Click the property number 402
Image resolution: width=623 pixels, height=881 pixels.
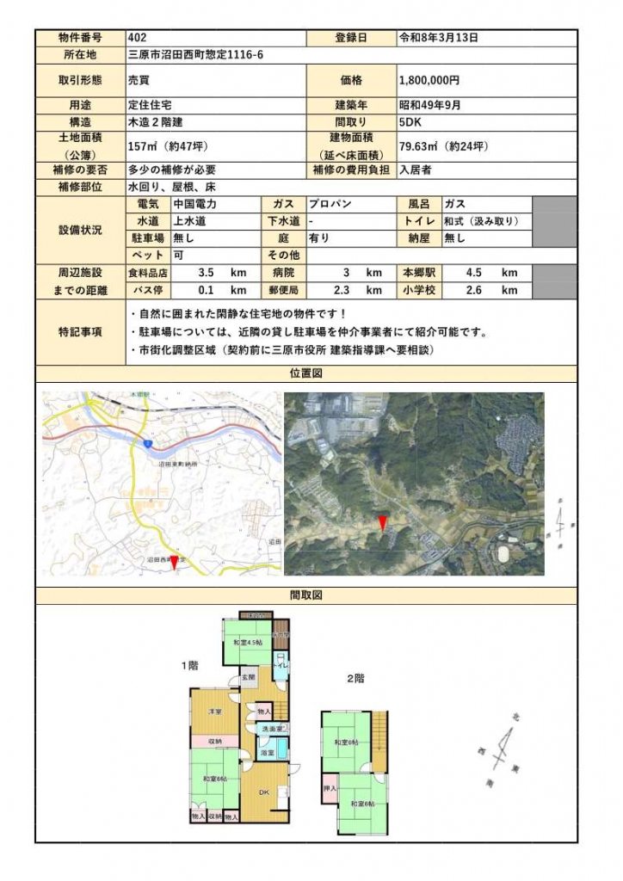click(137, 38)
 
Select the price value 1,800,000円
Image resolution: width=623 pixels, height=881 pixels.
click(429, 80)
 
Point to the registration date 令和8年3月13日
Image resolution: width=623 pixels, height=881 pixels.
click(438, 38)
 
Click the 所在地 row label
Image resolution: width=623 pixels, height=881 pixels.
click(80, 54)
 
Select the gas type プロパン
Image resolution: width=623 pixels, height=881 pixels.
click(327, 205)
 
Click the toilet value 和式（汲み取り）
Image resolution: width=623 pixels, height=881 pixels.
click(481, 221)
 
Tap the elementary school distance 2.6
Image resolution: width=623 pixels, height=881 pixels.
click(473, 290)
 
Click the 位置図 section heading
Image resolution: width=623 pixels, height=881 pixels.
click(306, 373)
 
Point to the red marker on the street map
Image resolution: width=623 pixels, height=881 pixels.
click(175, 562)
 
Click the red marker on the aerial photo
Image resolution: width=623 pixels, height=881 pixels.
click(383, 522)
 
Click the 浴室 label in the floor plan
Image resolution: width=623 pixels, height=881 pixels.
click(267, 753)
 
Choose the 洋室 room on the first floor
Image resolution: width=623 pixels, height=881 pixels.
click(215, 712)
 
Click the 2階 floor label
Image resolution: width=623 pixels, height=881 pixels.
click(355, 679)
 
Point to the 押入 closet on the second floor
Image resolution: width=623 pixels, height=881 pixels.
click(330, 788)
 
